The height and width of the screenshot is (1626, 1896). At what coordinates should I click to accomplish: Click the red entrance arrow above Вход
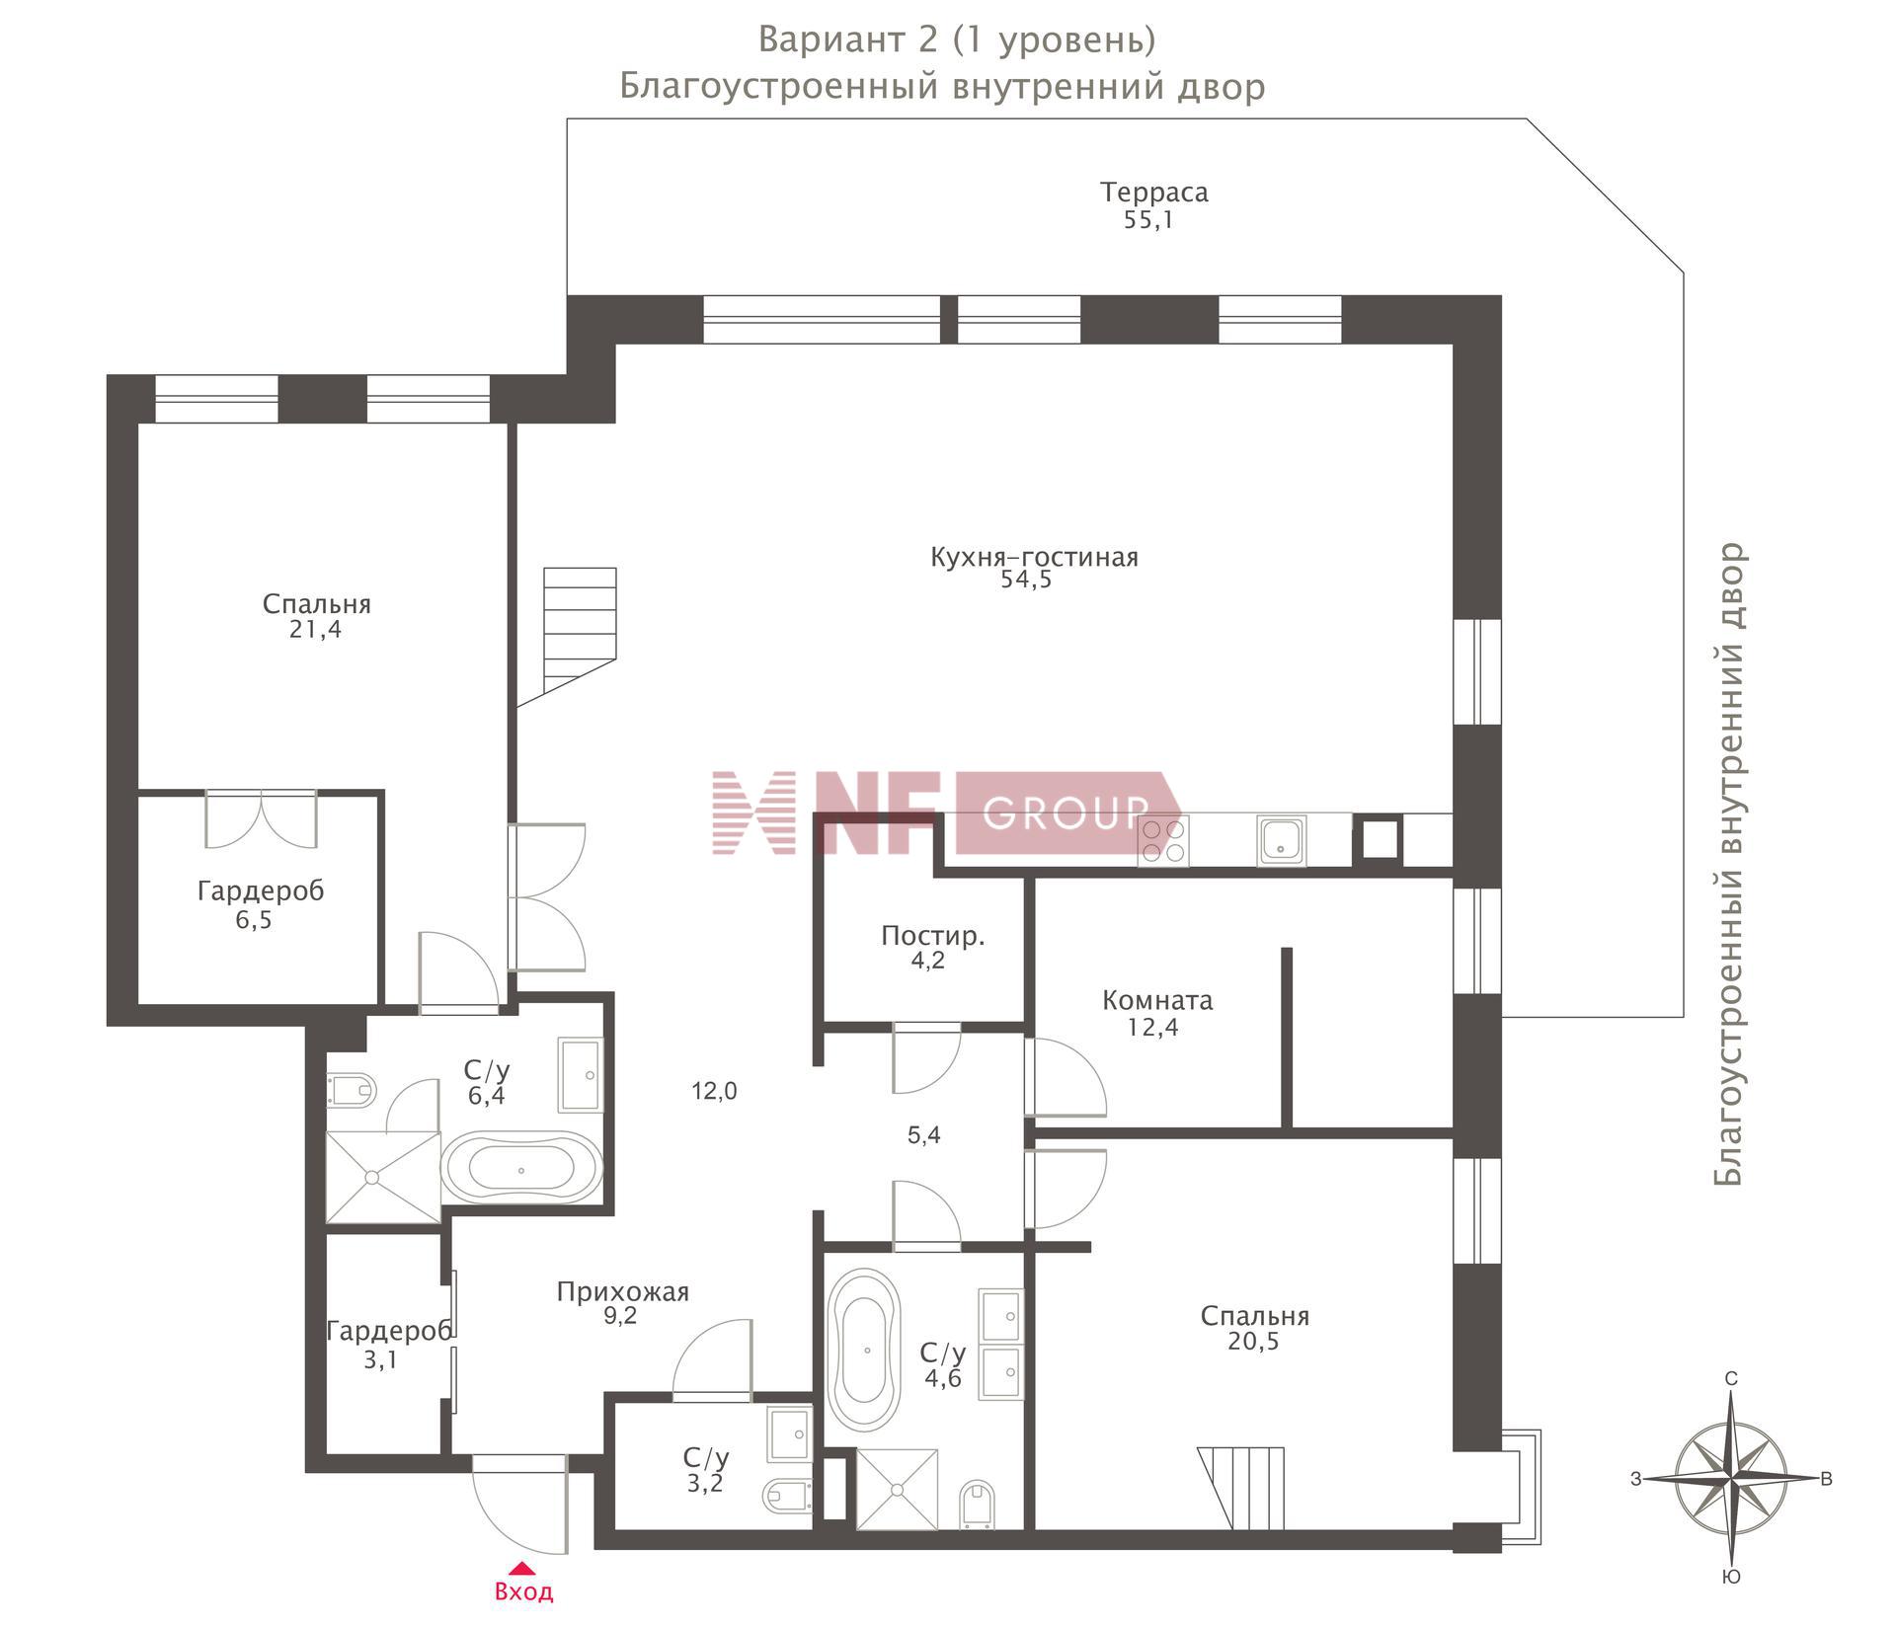pos(522,1567)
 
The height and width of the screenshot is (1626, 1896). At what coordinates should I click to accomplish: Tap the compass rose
pos(1731,1478)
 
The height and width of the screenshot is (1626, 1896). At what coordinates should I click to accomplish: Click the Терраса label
pos(1153,192)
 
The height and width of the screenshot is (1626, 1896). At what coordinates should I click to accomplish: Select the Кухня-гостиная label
pos(1034,557)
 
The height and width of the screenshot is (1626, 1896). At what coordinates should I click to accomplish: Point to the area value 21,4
pos(316,630)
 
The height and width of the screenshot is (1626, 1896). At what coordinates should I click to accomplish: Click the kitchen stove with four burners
pos(1163,841)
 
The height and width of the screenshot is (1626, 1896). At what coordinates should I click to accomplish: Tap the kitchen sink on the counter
pos(1282,841)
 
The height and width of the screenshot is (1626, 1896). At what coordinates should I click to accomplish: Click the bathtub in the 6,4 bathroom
pos(520,1168)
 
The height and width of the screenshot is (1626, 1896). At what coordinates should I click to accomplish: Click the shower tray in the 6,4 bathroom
pos(383,1178)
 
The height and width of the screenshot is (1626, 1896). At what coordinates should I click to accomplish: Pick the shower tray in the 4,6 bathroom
pos(897,1490)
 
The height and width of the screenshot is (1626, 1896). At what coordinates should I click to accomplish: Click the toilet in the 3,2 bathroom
pos(787,1496)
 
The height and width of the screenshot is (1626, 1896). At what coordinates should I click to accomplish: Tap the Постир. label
pos(932,936)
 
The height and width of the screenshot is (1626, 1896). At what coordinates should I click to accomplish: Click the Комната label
pos(1157,1000)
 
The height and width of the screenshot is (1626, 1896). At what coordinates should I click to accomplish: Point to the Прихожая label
pos(622,1291)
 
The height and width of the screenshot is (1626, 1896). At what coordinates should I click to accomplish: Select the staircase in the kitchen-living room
pos(567,637)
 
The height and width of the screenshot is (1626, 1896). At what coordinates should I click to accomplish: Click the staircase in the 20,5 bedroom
pos(1241,1489)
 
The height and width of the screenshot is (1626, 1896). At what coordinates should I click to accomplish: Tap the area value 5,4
pos(924,1135)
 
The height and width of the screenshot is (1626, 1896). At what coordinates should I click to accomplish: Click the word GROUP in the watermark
pos(1066,813)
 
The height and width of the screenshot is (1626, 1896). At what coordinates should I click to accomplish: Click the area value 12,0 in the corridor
pos(714,1091)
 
